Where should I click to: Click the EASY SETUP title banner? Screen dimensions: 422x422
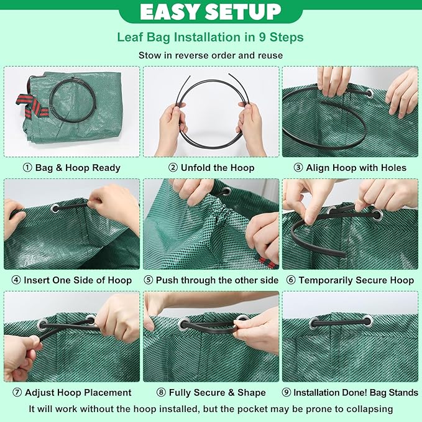(x=211, y=11)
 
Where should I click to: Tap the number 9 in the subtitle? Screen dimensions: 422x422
(x=262, y=37)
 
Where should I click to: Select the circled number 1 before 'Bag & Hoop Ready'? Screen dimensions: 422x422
(x=27, y=168)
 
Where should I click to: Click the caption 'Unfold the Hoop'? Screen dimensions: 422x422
(x=218, y=168)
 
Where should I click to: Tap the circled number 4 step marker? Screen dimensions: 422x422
(x=16, y=280)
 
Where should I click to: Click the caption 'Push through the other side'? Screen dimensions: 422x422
(x=217, y=280)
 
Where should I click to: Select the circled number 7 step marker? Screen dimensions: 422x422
(x=17, y=392)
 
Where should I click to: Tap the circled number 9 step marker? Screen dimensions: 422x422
(x=287, y=392)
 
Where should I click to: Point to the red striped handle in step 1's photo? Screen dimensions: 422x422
(x=31, y=106)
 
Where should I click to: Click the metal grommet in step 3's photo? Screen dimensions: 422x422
(x=369, y=93)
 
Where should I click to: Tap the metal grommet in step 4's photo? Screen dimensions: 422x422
(x=55, y=208)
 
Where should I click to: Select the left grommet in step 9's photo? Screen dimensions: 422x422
(x=314, y=323)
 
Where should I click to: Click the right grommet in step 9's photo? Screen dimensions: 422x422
(x=367, y=321)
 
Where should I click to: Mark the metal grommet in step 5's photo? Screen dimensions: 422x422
(x=226, y=192)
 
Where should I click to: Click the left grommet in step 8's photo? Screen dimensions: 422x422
(x=184, y=324)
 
